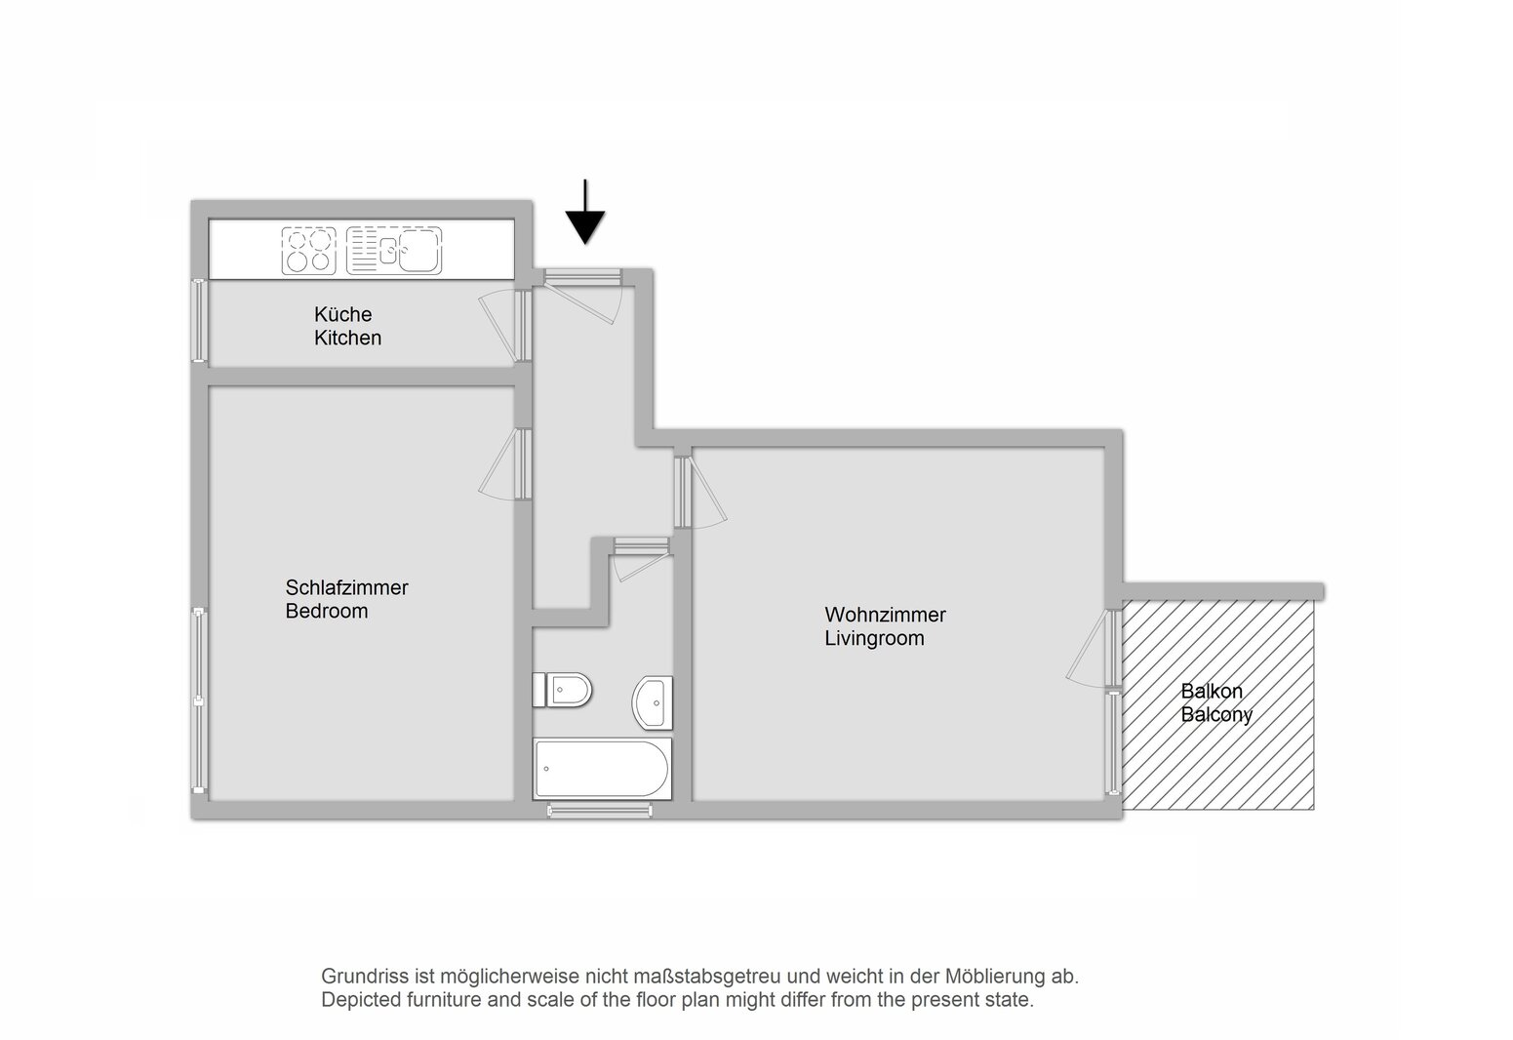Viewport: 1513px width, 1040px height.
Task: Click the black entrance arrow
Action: pyautogui.click(x=585, y=212)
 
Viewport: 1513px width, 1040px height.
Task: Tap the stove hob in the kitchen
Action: pyautogui.click(x=308, y=251)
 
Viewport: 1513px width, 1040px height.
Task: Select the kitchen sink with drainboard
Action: pyautogui.click(x=394, y=251)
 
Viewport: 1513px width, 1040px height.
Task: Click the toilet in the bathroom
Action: pyautogui.click(x=562, y=690)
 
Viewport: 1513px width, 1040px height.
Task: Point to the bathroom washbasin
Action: pyautogui.click(x=653, y=702)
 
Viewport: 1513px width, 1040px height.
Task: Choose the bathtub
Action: pyautogui.click(x=602, y=769)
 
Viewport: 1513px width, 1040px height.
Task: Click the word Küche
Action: pyautogui.click(x=342, y=314)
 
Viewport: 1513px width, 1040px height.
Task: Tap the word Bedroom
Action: pyautogui.click(x=326, y=611)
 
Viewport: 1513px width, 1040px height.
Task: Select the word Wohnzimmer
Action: pyautogui.click(x=885, y=615)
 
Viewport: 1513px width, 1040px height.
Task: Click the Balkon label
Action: pyautogui.click(x=1211, y=691)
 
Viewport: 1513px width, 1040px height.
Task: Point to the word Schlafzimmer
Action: pyautogui.click(x=346, y=587)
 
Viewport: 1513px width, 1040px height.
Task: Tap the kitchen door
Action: pyautogui.click(x=505, y=326)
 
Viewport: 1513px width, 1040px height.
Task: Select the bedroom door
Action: pyautogui.click(x=505, y=464)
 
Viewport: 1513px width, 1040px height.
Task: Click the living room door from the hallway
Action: pyautogui.click(x=699, y=493)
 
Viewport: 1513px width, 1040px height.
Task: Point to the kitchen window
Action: pyautogui.click(x=199, y=320)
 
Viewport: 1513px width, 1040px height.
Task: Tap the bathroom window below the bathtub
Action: pyautogui.click(x=600, y=811)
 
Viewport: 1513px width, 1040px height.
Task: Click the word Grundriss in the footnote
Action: pyautogui.click(x=365, y=977)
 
